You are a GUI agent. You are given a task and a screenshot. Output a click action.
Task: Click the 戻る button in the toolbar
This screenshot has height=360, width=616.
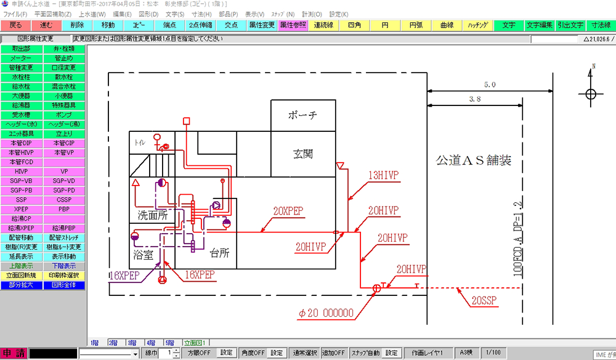[x=15, y=25]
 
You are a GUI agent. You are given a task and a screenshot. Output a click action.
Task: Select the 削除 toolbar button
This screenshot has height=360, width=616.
[x=77, y=25]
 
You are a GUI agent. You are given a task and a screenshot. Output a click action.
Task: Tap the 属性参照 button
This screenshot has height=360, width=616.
[x=293, y=25]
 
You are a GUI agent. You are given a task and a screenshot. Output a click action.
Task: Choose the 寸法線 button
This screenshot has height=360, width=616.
[x=600, y=25]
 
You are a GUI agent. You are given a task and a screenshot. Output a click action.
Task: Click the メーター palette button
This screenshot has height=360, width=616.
[x=21, y=58]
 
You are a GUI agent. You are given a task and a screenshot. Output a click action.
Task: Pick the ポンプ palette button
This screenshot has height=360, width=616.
[x=64, y=115]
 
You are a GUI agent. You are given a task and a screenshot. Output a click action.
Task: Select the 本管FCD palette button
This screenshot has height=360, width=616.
[x=21, y=162]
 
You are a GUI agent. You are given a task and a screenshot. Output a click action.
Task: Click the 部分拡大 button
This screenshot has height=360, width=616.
[x=21, y=285]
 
